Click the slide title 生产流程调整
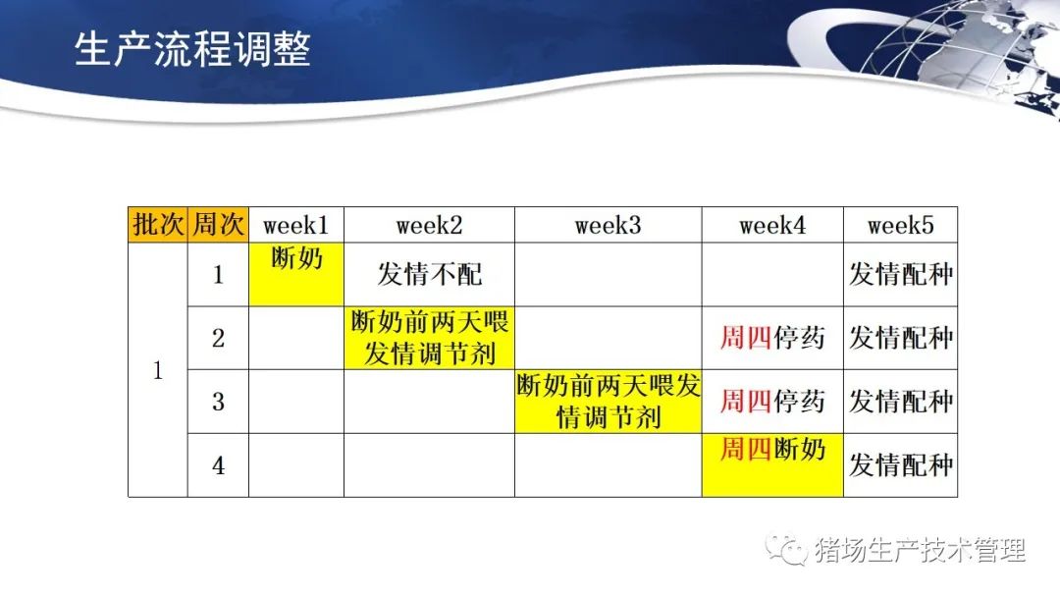[192, 49]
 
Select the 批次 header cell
[157, 225]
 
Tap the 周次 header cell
[218, 225]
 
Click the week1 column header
[296, 225]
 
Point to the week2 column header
[429, 225]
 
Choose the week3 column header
[608, 225]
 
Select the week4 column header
[772, 225]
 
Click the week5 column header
[900, 225]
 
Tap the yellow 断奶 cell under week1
[296, 274]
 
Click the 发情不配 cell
[429, 274]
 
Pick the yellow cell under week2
[429, 338]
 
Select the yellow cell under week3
[608, 401]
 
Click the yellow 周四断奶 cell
[772, 465]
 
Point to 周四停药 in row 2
[772, 338]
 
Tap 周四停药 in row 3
[772, 401]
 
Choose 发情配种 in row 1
[900, 274]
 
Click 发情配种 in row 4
[900, 465]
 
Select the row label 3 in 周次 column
[218, 402]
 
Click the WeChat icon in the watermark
[786, 550]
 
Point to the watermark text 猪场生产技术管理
[920, 550]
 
